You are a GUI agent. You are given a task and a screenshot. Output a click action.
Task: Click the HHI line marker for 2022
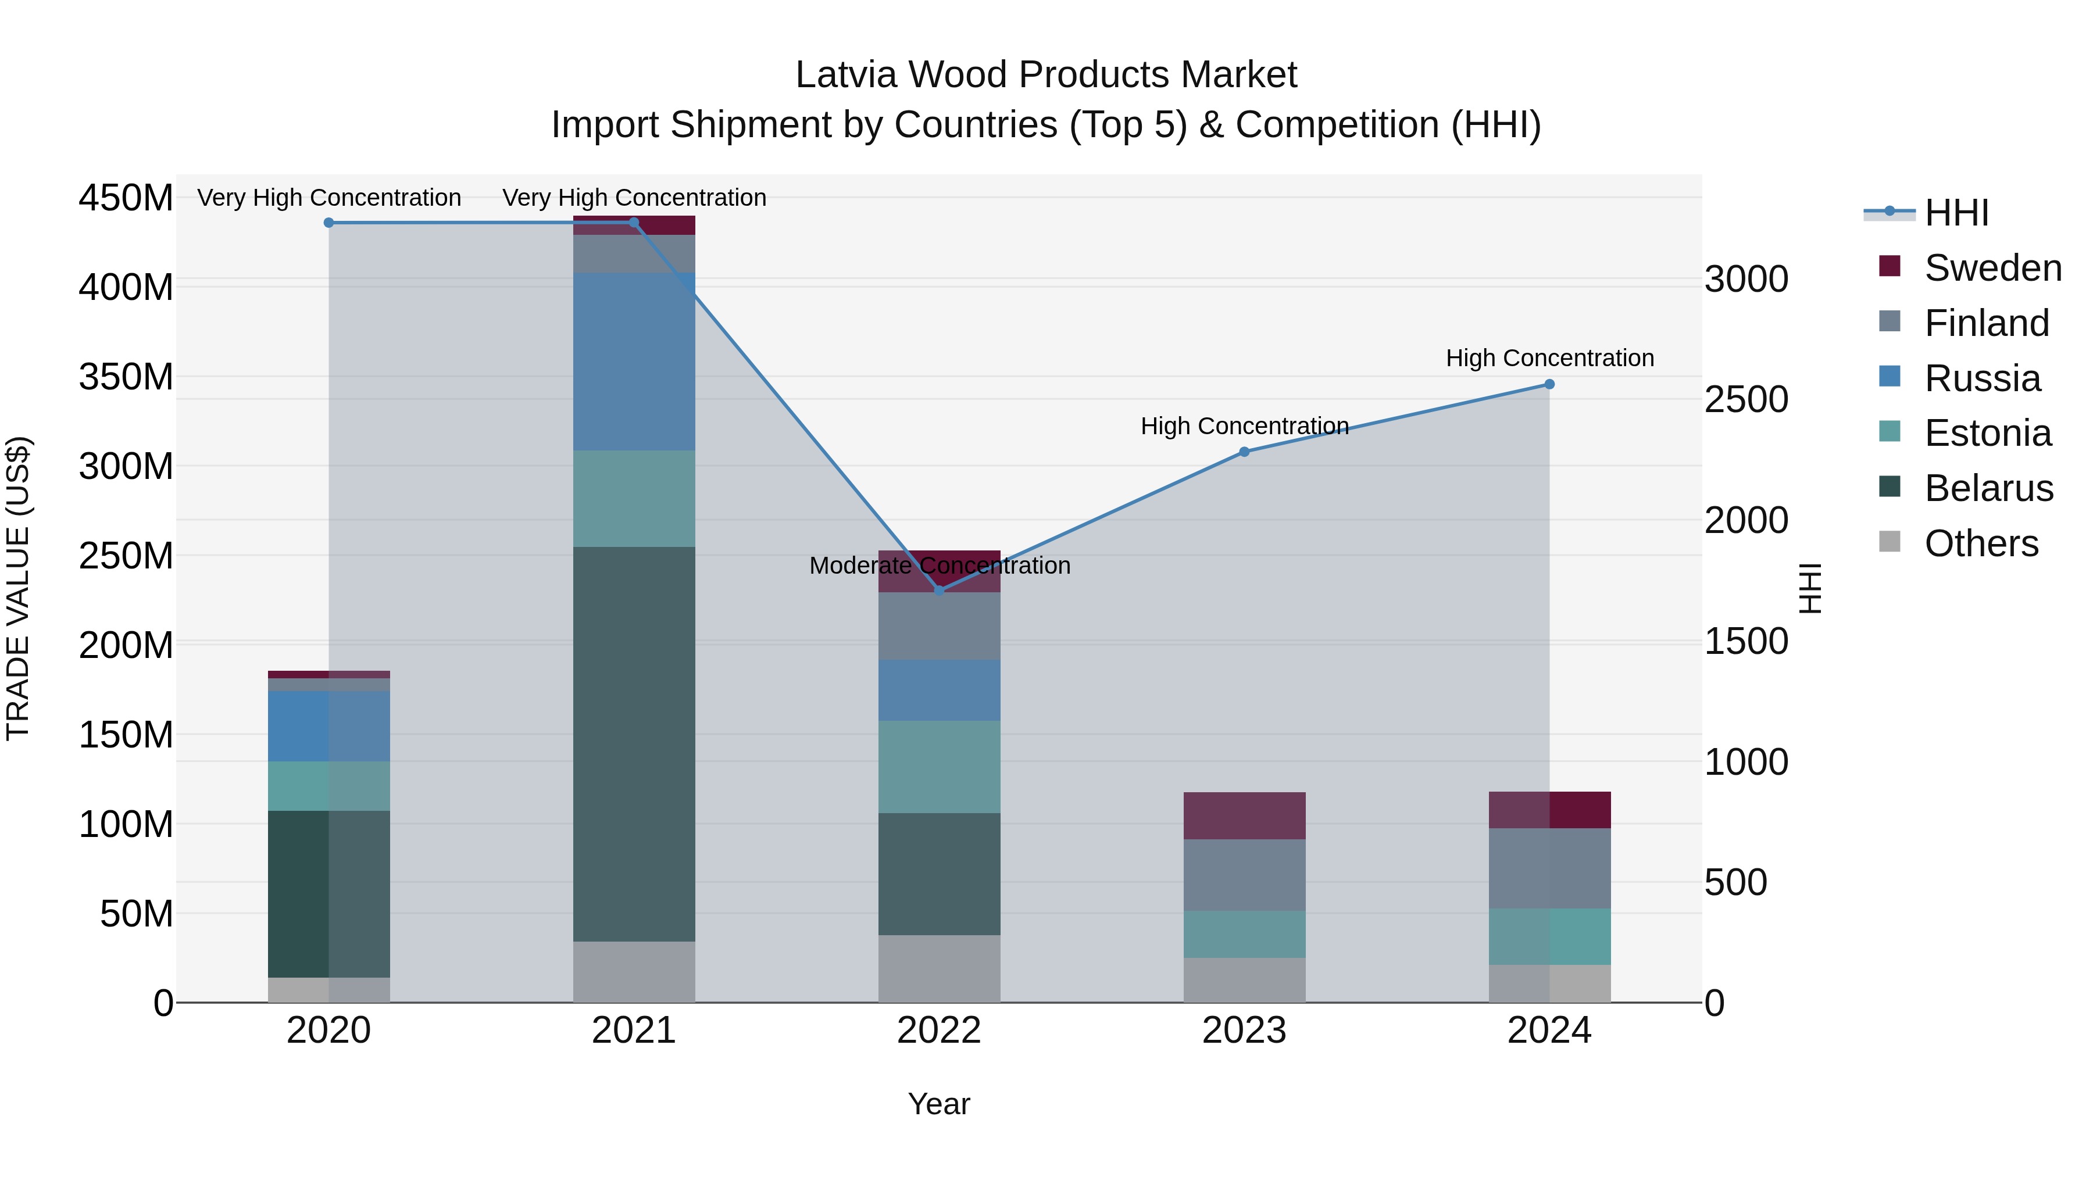(x=940, y=591)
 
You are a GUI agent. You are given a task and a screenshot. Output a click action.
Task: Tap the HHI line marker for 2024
(x=1549, y=384)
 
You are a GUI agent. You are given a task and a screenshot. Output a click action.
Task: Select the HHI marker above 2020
(x=329, y=223)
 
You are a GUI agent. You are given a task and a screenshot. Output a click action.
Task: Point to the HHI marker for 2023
(x=1244, y=452)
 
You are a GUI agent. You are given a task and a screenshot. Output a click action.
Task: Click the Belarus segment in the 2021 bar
(x=634, y=743)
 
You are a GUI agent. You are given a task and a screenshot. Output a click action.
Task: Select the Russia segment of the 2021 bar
(x=634, y=362)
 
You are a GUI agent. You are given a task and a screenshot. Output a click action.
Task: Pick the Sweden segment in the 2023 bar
(x=1244, y=815)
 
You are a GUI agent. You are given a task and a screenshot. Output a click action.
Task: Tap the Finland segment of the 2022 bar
(x=940, y=626)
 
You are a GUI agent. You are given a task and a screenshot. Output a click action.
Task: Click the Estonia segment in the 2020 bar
(x=329, y=785)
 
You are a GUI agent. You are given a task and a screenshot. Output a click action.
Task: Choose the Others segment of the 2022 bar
(x=940, y=968)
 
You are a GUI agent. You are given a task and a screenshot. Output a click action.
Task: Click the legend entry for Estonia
(x=1987, y=433)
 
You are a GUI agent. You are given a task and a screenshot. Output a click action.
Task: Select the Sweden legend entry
(x=1992, y=268)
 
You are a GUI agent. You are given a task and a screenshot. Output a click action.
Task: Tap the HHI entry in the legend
(x=1956, y=213)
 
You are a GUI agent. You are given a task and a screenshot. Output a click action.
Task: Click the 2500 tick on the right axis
(x=1746, y=400)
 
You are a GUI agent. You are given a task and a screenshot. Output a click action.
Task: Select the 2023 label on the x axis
(x=1244, y=1031)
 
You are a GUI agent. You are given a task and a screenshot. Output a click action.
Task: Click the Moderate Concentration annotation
(x=940, y=566)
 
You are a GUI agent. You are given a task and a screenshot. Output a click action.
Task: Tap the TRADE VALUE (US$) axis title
(x=18, y=588)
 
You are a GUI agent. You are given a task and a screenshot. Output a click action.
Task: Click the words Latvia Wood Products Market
(x=1046, y=75)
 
